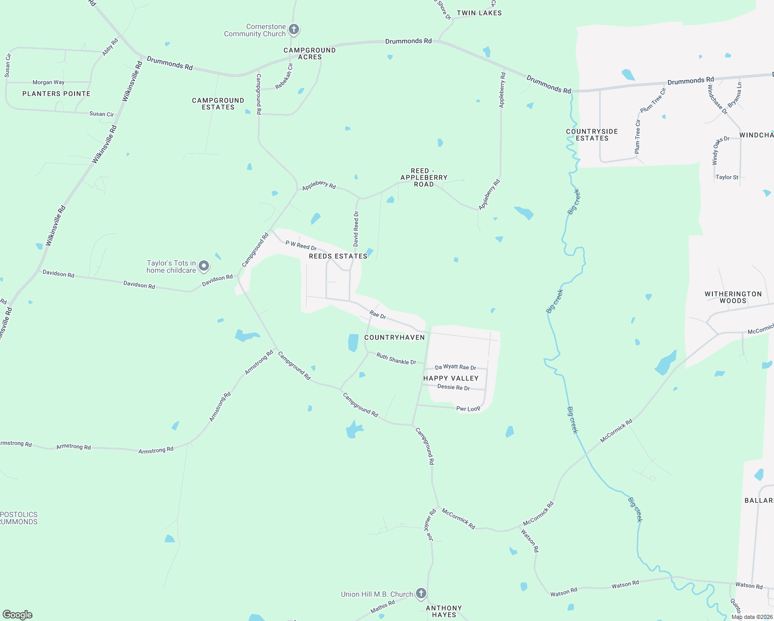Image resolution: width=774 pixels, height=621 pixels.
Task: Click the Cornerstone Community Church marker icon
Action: click(x=294, y=29)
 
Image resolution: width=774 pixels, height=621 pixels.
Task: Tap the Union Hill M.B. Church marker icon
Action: click(x=421, y=594)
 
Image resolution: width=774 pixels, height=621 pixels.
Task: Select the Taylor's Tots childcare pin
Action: click(x=204, y=266)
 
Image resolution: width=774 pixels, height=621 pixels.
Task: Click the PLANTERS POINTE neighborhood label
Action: click(x=56, y=94)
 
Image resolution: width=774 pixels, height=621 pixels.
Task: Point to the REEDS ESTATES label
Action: click(x=338, y=256)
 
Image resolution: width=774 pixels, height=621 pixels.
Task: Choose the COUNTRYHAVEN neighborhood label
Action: click(x=394, y=337)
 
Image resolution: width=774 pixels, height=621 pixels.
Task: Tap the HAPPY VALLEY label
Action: click(x=451, y=378)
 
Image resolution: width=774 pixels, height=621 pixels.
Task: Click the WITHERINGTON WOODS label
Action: click(x=733, y=297)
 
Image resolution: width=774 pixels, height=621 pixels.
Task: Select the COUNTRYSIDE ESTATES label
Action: click(x=592, y=135)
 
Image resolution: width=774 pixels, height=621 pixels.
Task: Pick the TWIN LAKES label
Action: click(x=479, y=13)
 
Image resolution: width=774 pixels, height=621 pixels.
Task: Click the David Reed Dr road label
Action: click(x=356, y=229)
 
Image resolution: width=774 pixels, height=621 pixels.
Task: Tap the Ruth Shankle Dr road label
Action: click(x=396, y=359)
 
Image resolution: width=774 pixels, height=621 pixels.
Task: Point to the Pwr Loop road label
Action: click(x=468, y=409)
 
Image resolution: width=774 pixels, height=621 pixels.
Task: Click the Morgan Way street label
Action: click(x=49, y=82)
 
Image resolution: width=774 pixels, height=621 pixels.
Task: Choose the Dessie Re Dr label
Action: click(x=454, y=387)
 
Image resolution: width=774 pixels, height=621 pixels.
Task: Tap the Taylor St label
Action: click(x=727, y=177)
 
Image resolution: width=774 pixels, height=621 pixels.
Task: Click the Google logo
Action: click(x=18, y=615)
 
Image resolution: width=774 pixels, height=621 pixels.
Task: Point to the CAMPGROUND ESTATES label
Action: click(x=218, y=103)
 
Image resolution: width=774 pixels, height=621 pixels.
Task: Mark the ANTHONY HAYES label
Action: click(x=444, y=611)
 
